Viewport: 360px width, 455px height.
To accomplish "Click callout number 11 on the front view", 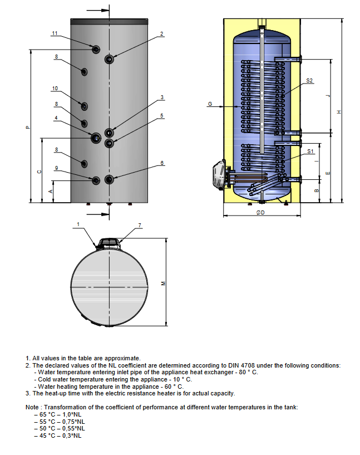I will pos(55,34).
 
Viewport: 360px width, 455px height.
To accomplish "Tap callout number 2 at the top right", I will pos(162,34).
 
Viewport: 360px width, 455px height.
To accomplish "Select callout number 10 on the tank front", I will pos(55,89).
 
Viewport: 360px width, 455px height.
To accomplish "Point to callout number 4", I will pos(56,118).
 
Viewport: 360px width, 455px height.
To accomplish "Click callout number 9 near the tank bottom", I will pos(56,168).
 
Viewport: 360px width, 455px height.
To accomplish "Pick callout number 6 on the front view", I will pos(162,163).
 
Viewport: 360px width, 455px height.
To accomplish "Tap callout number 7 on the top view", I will pos(140,225).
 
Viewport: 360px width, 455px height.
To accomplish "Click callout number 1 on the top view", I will pos(78,224).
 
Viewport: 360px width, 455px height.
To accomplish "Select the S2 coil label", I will pos(310,81).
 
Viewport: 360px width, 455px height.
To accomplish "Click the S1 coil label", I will pos(310,151).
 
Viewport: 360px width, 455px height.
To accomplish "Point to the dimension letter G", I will pos(210,104).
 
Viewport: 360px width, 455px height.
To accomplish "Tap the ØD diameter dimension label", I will pos(261,212).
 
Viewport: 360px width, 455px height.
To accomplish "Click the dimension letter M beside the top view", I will pos(163,283).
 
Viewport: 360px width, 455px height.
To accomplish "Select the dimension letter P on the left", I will pos(27,127).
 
